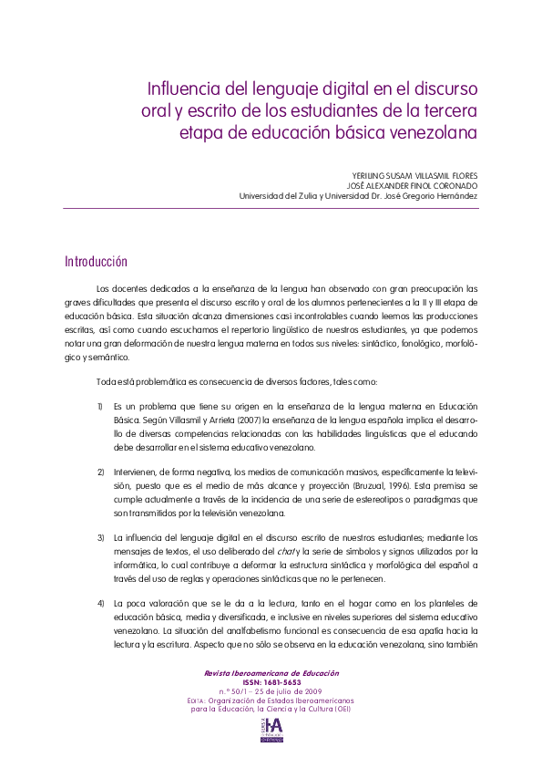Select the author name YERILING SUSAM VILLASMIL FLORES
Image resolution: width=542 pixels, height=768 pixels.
[402, 174]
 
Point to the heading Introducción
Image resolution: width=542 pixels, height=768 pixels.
[95, 262]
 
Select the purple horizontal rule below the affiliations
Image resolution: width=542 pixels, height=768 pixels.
[271, 208]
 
